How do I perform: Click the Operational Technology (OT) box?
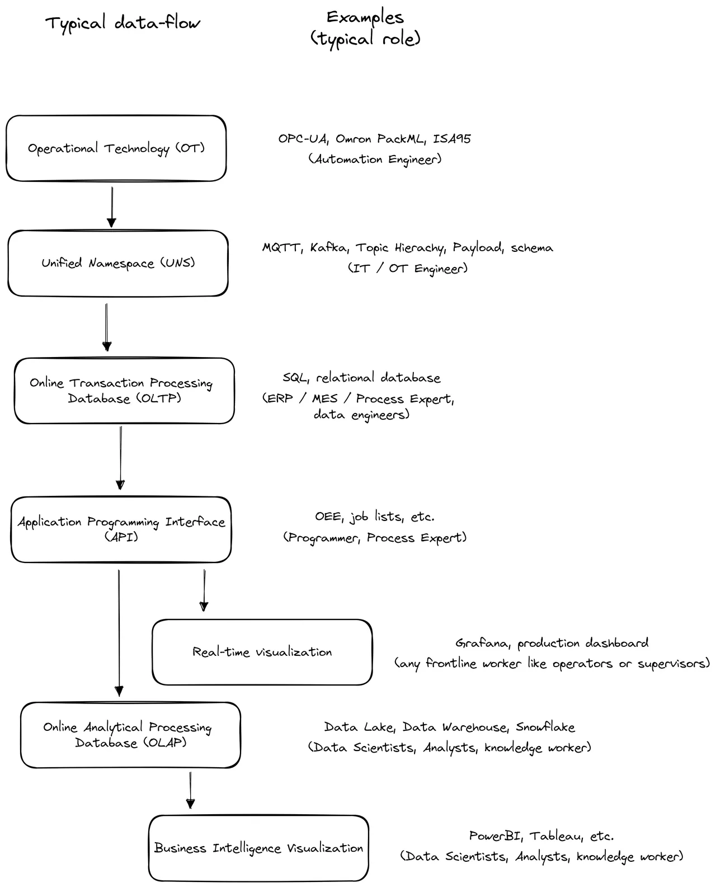(x=116, y=148)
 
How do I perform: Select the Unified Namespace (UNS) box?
(x=117, y=263)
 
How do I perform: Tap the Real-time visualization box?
(x=262, y=652)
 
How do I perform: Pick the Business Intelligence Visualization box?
(x=258, y=848)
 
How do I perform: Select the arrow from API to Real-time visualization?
(x=204, y=590)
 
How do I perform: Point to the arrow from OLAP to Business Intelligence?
(x=190, y=790)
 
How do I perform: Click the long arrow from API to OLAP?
(x=119, y=632)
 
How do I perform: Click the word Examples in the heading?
(x=365, y=17)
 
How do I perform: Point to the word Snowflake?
(x=545, y=727)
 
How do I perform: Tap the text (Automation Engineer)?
(x=374, y=159)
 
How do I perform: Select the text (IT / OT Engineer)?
(x=407, y=269)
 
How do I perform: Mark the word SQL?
(x=295, y=378)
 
